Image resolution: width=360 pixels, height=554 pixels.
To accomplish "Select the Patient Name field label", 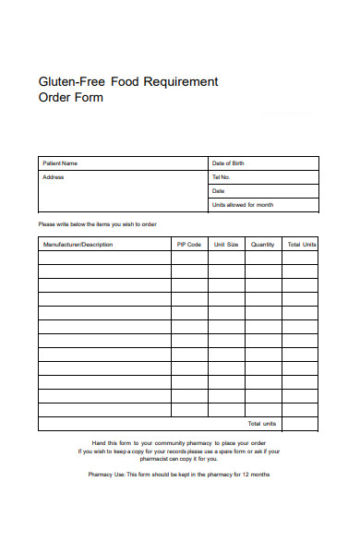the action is (60, 163).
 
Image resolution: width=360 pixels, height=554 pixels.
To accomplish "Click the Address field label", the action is (54, 176).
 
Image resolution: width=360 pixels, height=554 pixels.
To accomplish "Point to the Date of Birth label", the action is (228, 163).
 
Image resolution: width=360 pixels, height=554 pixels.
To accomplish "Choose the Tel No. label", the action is (221, 176).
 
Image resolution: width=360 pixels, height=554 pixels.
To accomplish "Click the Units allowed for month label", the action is (242, 204).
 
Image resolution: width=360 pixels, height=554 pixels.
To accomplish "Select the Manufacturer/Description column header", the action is (78, 245).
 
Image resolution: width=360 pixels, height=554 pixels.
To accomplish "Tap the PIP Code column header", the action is (188, 245).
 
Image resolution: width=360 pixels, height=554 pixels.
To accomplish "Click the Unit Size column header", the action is (226, 245).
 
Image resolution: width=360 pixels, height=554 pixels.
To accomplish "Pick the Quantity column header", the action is (263, 245).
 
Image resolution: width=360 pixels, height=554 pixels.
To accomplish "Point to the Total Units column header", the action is (301, 245).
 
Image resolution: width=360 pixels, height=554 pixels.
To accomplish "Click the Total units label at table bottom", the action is (263, 424).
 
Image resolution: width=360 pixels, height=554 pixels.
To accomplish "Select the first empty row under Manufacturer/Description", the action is (104, 259).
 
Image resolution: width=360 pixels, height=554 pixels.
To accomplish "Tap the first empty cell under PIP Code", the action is (188, 259).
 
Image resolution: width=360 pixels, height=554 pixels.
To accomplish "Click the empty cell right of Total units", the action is (300, 424).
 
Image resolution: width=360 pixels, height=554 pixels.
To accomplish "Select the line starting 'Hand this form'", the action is (179, 443).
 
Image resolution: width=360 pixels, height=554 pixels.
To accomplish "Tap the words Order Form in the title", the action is (70, 98).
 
